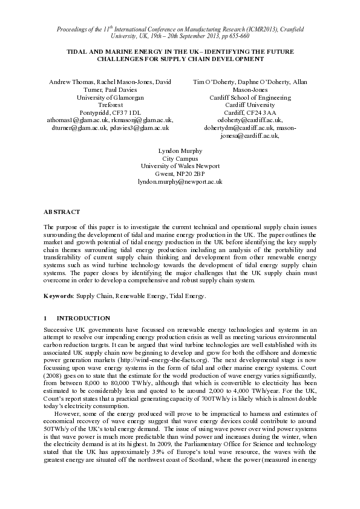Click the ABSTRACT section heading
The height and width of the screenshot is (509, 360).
pos(62,212)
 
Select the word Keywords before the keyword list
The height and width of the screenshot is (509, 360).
pos(59,296)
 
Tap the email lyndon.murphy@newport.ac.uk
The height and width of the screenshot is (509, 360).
pos(180,181)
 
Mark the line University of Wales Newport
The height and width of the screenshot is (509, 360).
pos(180,166)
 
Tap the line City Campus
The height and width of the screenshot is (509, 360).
pos(180,158)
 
